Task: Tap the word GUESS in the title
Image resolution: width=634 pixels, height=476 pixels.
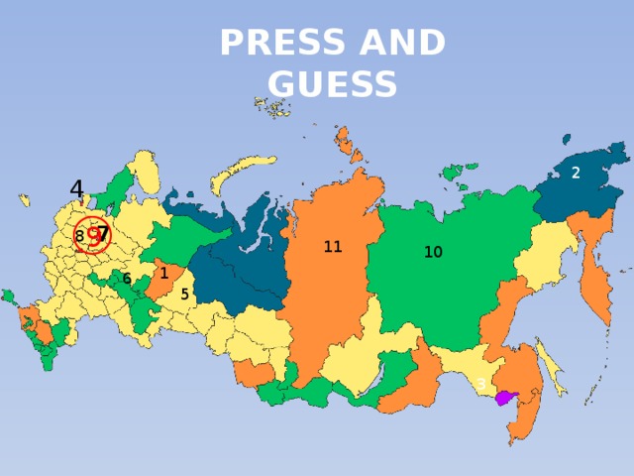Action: [x=332, y=86]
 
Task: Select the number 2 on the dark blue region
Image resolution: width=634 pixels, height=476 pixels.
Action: [x=575, y=173]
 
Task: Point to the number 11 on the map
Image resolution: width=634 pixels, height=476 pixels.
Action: [x=333, y=247]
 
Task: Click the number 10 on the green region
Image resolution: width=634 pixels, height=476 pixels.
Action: [x=433, y=253]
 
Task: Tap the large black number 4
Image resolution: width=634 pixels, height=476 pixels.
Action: [x=76, y=187]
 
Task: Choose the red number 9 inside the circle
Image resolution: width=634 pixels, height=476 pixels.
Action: [x=94, y=236]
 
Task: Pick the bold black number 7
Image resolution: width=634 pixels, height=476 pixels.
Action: [x=103, y=232]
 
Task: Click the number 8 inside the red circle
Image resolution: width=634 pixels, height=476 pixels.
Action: [x=79, y=236]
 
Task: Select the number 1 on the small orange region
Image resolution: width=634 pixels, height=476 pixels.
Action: [x=163, y=274]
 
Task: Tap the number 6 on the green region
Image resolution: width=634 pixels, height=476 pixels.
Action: [x=127, y=279]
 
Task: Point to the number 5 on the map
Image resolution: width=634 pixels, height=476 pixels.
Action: [x=185, y=295]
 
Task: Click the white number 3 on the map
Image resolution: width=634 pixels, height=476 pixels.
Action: [x=481, y=384]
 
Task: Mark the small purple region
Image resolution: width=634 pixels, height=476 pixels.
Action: [x=505, y=398]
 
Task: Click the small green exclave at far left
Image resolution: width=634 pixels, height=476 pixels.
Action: [x=8, y=296]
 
